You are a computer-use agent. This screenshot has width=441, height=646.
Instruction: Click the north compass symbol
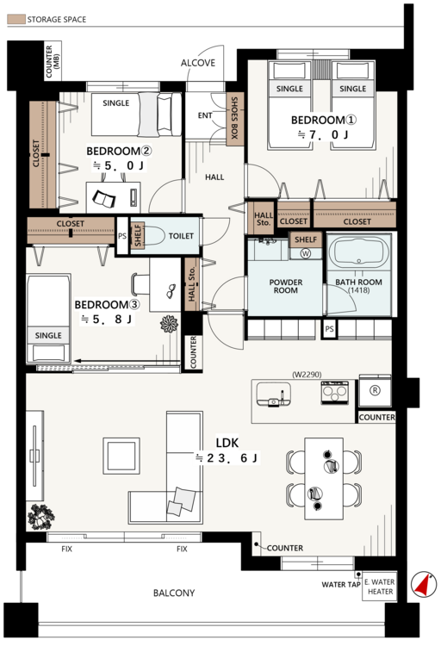tap(424, 584)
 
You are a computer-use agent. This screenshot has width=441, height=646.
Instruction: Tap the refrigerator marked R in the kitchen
tap(375, 390)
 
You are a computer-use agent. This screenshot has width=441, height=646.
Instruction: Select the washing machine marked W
tap(306, 253)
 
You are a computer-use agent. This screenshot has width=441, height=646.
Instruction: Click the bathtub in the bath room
tap(359, 253)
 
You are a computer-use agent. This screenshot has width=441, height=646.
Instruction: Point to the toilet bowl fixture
tap(152, 236)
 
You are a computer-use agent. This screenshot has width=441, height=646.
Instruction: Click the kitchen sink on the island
tap(273, 394)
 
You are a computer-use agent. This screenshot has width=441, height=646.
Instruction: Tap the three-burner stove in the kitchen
tap(335, 392)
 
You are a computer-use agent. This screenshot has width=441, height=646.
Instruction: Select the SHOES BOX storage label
tap(234, 118)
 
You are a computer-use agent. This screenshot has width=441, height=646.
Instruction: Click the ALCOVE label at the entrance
tap(198, 63)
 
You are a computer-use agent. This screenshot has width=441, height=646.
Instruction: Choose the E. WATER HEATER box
tap(380, 587)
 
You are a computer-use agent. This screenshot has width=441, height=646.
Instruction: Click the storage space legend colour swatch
tap(16, 19)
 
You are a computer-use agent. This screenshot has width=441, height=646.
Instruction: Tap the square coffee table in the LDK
tap(121, 456)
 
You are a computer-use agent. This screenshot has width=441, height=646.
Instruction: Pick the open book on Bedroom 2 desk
tap(104, 199)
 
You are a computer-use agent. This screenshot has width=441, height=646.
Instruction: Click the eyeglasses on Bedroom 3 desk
tap(171, 291)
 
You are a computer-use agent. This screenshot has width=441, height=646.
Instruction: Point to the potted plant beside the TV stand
tap(40, 517)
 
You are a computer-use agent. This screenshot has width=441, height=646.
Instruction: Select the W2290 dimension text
tap(307, 375)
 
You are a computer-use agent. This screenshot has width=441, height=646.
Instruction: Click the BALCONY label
tap(174, 593)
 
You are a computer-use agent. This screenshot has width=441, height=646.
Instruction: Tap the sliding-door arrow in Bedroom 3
tap(127, 362)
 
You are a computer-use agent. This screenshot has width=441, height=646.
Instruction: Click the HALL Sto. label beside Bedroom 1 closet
tap(264, 219)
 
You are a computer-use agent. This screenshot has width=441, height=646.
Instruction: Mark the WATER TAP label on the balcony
tap(341, 584)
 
